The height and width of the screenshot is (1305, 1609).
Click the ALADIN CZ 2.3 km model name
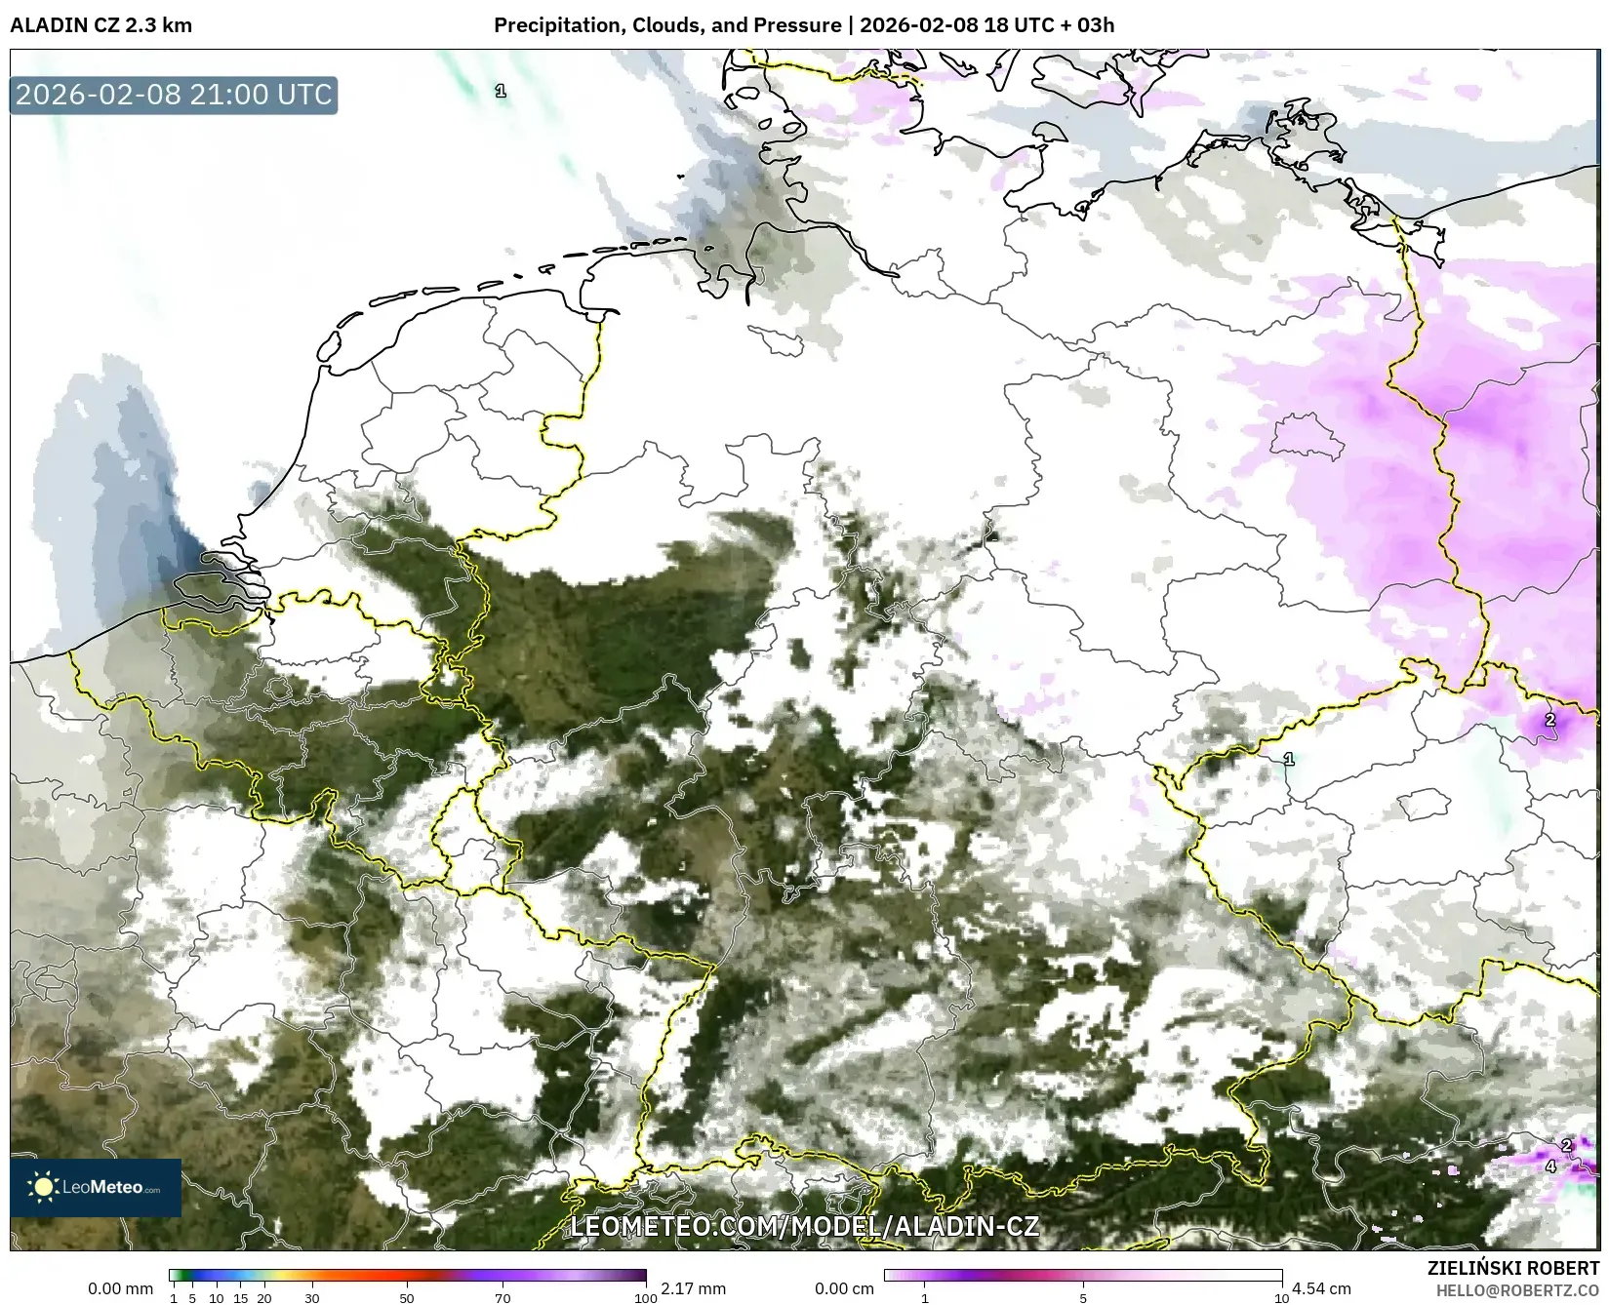101,24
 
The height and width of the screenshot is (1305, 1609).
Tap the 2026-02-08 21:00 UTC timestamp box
174,95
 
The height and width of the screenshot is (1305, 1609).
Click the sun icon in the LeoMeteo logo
43,1187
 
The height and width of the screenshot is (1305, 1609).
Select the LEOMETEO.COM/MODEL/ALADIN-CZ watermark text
804,1226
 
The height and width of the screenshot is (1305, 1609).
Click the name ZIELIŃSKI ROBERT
1513,1269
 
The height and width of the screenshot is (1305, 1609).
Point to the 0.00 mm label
120,1288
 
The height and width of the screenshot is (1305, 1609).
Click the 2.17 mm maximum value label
693,1288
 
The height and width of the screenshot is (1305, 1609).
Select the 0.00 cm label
845,1288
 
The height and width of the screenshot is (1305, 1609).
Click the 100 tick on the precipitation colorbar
645,1298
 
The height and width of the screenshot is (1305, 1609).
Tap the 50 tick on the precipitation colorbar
407,1298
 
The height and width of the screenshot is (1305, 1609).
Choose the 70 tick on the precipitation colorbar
503,1298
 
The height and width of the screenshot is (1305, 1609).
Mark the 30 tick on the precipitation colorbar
312,1298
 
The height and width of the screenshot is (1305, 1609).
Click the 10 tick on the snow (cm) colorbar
1281,1298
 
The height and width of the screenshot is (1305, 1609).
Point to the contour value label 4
1550,1166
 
